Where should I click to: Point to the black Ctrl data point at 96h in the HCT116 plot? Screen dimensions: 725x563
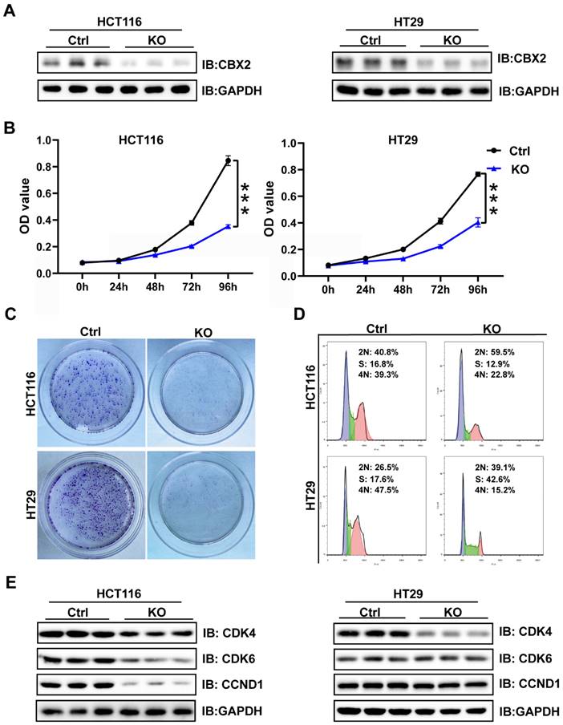coord(228,161)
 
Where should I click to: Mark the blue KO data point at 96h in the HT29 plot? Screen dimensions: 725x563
coord(478,222)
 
